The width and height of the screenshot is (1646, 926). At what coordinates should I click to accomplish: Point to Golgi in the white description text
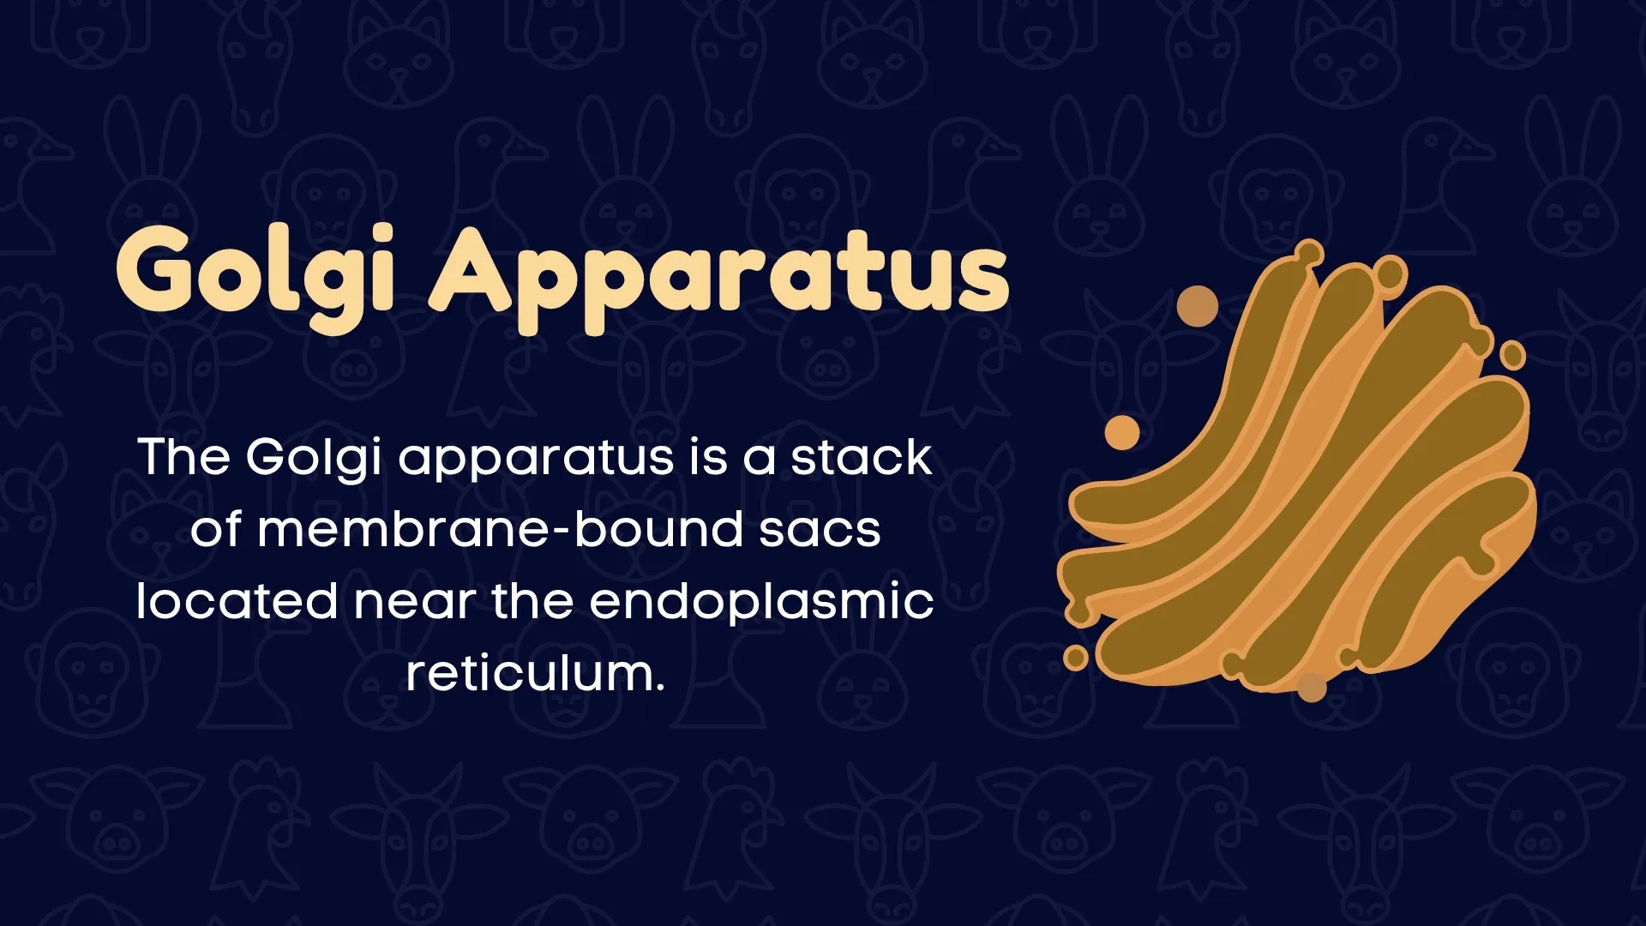pos(314,458)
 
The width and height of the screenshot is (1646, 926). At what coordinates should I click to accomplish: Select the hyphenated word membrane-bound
pos(500,528)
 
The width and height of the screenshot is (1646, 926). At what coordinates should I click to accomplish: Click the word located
pos(237,600)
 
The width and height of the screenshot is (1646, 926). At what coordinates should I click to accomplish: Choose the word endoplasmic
pos(761,602)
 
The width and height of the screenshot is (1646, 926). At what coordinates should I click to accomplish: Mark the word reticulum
pos(535,673)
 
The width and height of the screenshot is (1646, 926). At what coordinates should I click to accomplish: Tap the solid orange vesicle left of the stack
pos(1121,432)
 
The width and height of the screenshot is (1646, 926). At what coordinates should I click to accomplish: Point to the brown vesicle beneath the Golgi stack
pos(1312,686)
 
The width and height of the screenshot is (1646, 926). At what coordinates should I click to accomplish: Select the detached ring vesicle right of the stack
pos(1512,355)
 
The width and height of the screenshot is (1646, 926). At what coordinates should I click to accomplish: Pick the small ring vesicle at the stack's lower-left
pos(1075,658)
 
